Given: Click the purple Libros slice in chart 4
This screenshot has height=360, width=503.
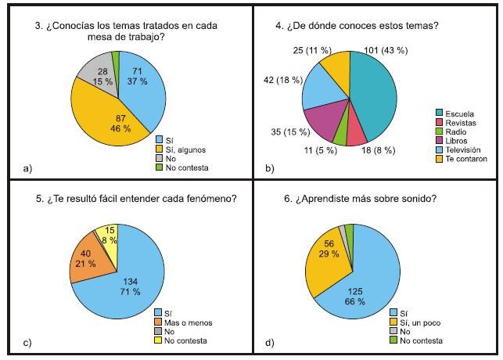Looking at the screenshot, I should [x=322, y=121].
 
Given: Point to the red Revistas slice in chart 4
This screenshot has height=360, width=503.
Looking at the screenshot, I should [x=356, y=133].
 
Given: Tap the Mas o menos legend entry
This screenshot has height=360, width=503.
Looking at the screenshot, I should [x=185, y=321].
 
